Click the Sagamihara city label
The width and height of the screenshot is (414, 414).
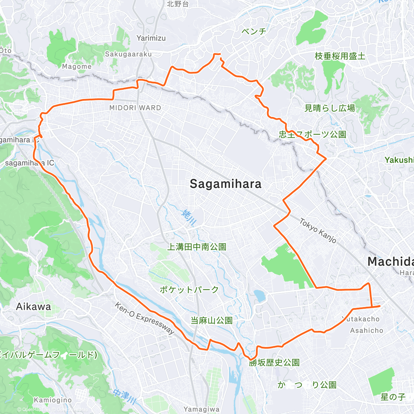pyautogui.click(x=226, y=184)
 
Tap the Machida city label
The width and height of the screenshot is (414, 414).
pyautogui.click(x=390, y=262)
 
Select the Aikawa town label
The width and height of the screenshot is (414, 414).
pyautogui.click(x=33, y=306)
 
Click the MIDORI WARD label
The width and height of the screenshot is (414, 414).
pyautogui.click(x=135, y=108)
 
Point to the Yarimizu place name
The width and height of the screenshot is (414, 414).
pyautogui.click(x=151, y=38)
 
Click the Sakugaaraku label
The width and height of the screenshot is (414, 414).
pyautogui.click(x=128, y=54)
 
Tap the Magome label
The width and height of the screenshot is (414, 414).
pyautogui.click(x=77, y=67)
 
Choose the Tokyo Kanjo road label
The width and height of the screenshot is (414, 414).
pyautogui.click(x=318, y=230)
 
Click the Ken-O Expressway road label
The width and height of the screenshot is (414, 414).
pyautogui.click(x=145, y=318)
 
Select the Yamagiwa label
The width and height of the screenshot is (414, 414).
pyautogui.click(x=201, y=409)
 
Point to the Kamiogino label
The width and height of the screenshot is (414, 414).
pyautogui.click(x=53, y=400)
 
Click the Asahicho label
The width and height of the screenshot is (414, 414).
pyautogui.click(x=367, y=331)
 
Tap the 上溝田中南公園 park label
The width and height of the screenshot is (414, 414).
pyautogui.click(x=197, y=247)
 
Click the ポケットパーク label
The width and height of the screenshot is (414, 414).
pyautogui.click(x=189, y=289)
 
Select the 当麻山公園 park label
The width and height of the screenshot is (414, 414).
pyautogui.click(x=211, y=321)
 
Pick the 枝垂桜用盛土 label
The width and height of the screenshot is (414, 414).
pyautogui.click(x=340, y=56)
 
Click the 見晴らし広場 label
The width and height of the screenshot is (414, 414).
pyautogui.click(x=330, y=108)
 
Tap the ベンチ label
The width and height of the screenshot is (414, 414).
pyautogui.click(x=254, y=31)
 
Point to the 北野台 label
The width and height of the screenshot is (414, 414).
pyautogui.click(x=178, y=4)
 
